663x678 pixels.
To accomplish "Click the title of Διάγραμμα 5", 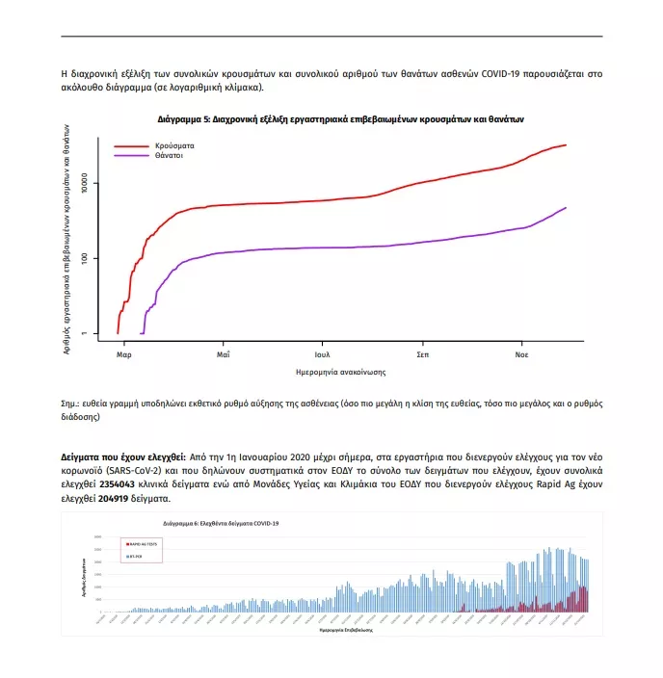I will point(341,120).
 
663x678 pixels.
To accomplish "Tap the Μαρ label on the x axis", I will point(123,354).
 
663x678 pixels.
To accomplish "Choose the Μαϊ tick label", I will point(223,354).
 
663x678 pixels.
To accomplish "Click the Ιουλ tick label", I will point(322,354).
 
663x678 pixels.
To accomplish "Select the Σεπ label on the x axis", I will point(422,354).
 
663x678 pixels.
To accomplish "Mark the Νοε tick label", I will point(521,354).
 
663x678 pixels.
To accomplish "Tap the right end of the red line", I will point(566,145).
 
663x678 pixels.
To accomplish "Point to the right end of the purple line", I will point(566,207).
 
